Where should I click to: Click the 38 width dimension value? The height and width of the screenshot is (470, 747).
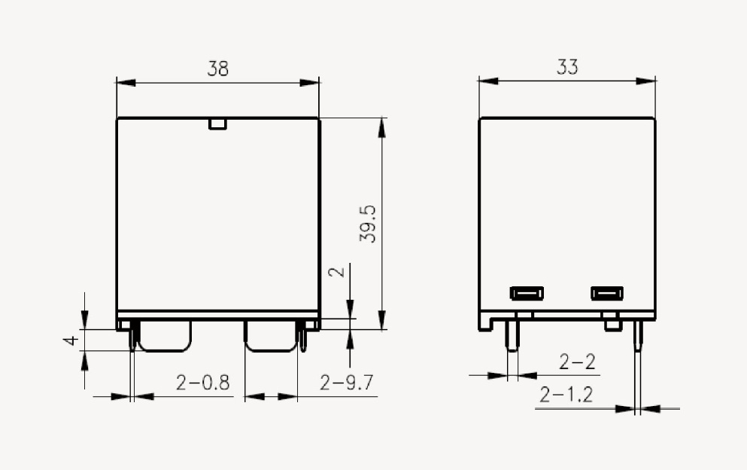tap(217, 69)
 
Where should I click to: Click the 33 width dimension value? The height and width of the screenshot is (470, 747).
tap(567, 67)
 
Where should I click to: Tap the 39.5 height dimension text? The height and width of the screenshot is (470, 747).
tap(368, 224)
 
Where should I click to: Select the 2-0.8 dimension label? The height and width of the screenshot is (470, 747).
tap(203, 382)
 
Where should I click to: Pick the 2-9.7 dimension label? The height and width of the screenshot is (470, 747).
tap(346, 383)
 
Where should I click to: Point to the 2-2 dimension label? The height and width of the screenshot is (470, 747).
tap(577, 362)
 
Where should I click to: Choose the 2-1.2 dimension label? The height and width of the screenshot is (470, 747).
tap(566, 395)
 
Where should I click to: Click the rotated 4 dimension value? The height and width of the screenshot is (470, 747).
tap(71, 340)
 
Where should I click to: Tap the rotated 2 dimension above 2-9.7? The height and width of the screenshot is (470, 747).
tap(337, 272)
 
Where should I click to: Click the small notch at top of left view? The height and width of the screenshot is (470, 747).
tap(217, 124)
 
